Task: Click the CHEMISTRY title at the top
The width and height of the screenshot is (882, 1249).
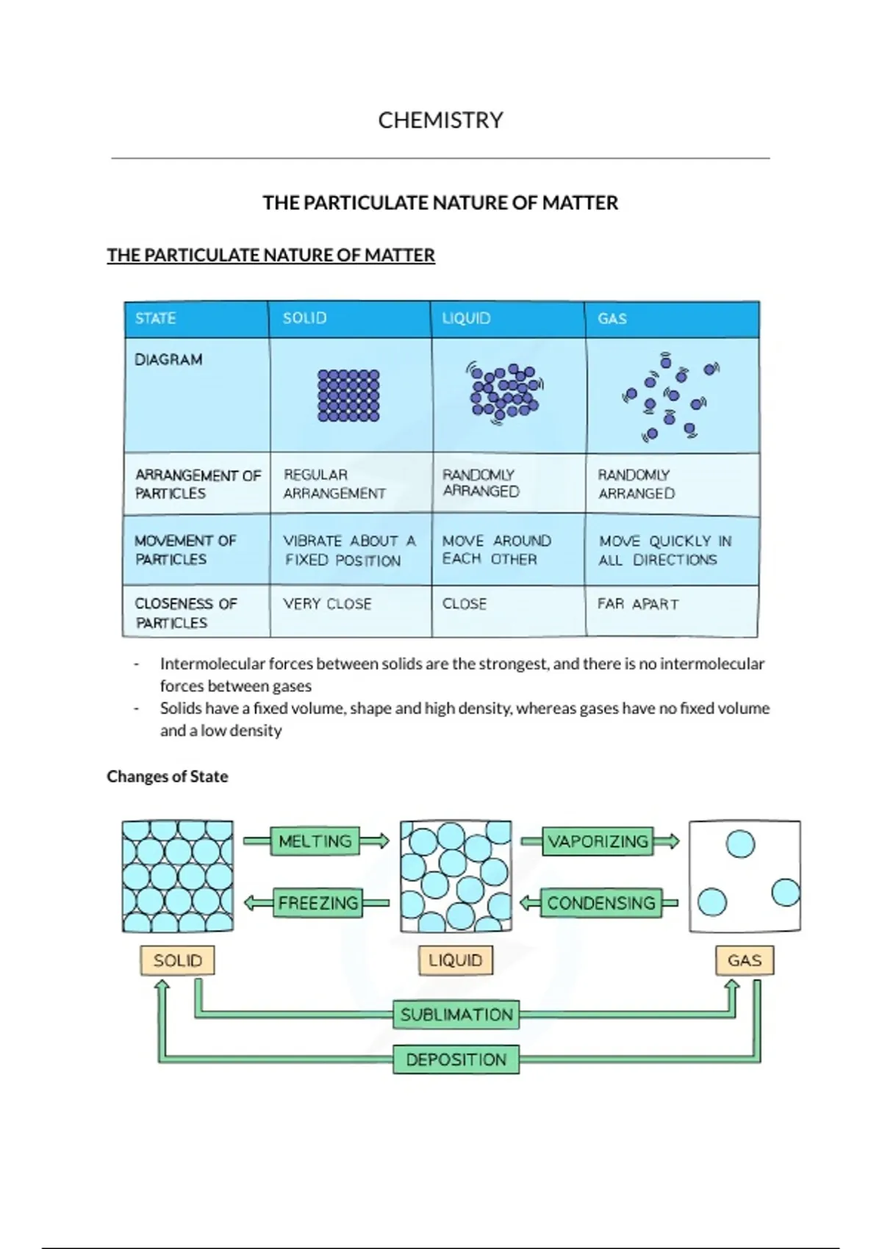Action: [440, 120]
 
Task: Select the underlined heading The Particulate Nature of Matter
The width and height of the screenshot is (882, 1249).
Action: [270, 255]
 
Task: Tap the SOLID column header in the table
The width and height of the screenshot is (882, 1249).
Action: [304, 318]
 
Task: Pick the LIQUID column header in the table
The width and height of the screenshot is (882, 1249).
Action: [466, 318]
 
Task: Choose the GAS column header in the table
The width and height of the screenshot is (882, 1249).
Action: [612, 318]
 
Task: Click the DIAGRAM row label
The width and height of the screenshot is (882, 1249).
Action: [168, 359]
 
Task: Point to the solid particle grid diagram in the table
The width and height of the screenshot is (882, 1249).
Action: [348, 395]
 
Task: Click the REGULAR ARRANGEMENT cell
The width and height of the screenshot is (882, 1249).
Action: [334, 484]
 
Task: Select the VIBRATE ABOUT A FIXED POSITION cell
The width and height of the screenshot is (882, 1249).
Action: [349, 550]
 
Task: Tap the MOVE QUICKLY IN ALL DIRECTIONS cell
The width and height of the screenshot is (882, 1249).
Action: [664, 550]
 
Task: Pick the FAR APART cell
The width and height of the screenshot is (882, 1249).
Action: [638, 604]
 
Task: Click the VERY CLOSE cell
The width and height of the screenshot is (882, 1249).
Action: [328, 604]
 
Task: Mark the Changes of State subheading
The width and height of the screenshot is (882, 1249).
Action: [168, 777]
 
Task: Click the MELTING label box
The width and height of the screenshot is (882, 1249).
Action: [315, 841]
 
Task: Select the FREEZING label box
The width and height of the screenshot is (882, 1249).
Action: [318, 903]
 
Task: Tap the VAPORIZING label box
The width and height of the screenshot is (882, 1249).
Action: [598, 841]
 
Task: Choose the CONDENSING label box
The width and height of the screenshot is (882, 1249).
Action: [600, 903]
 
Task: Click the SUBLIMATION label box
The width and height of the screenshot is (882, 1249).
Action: [456, 1015]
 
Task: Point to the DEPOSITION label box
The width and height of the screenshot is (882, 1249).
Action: [456, 1059]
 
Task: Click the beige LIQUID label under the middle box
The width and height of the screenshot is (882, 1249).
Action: [456, 960]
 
